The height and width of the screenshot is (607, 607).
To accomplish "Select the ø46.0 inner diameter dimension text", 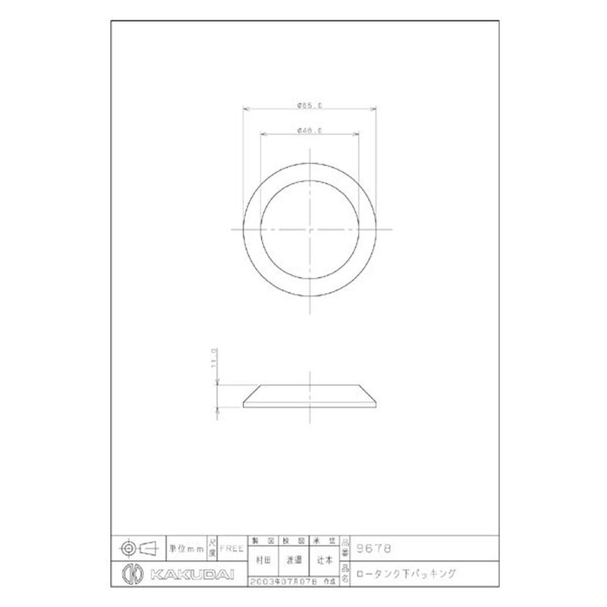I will click(310, 131).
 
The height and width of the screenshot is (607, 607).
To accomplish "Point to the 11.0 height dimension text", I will click(215, 358).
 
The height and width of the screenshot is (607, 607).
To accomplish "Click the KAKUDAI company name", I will click(182, 573).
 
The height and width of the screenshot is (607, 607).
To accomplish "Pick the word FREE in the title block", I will click(232, 546).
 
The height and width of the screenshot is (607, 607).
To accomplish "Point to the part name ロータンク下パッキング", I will click(407, 573).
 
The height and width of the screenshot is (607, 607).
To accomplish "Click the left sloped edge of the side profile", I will click(252, 395).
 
